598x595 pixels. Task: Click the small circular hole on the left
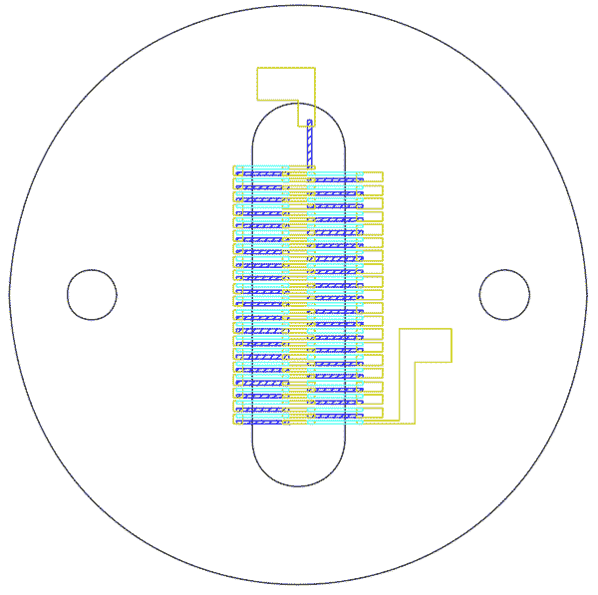pyautogui.click(x=92, y=295)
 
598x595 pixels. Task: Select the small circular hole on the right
pyautogui.click(x=504, y=295)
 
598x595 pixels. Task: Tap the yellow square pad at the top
pyautogui.click(x=286, y=84)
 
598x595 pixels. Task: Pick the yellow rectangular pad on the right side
pyautogui.click(x=426, y=345)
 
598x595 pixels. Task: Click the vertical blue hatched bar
pyautogui.click(x=310, y=144)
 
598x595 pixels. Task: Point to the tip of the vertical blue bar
pyautogui.click(x=310, y=122)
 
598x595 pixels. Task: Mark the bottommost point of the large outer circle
pyautogui.click(x=296, y=585)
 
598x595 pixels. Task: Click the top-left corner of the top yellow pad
pyautogui.click(x=258, y=68)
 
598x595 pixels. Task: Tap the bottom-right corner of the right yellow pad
pyautogui.click(x=451, y=362)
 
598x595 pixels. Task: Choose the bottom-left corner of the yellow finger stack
pyautogui.click(x=233, y=424)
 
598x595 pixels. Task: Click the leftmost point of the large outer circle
pyautogui.click(x=9, y=297)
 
